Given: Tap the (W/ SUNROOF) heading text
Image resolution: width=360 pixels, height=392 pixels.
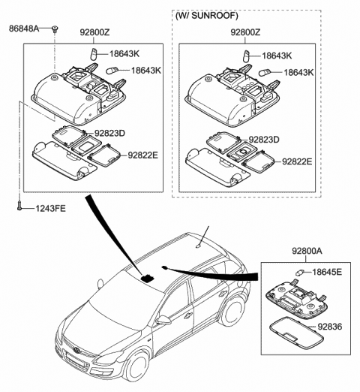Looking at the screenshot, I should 215,16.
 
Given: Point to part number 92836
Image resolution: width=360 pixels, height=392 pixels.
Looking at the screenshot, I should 329,327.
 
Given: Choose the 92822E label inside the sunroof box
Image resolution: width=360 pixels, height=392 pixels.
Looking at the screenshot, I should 297,161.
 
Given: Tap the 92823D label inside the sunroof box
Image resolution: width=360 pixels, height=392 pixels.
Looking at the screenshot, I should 264,140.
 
